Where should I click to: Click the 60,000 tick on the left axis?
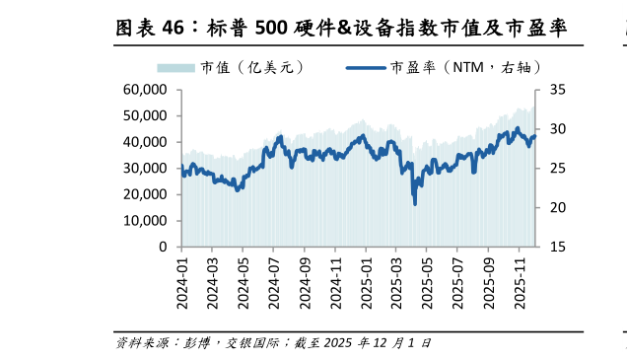(x=145, y=90)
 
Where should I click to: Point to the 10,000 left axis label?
(x=145, y=221)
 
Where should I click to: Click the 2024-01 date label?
(x=181, y=282)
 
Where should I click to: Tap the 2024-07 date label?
(x=273, y=282)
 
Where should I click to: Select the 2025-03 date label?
(x=396, y=282)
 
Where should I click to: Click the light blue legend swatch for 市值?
(x=176, y=67)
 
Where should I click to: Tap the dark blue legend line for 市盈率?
(x=366, y=67)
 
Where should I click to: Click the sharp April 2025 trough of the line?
(x=414, y=203)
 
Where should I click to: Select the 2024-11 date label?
(x=335, y=282)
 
